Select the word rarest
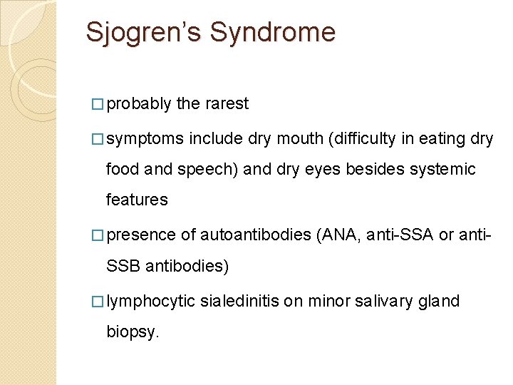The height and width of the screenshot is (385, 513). pyautogui.click(x=227, y=104)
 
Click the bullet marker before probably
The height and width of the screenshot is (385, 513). pyautogui.click(x=98, y=104)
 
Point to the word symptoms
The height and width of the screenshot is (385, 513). pyautogui.click(x=145, y=139)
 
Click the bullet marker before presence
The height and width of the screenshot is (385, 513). pyautogui.click(x=98, y=235)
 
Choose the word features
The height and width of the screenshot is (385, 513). pyautogui.click(x=137, y=200)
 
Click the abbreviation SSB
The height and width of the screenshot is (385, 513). pyautogui.click(x=123, y=266)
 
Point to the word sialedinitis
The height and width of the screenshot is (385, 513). pyautogui.click(x=239, y=302)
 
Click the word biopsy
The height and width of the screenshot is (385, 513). pyautogui.click(x=133, y=332)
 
